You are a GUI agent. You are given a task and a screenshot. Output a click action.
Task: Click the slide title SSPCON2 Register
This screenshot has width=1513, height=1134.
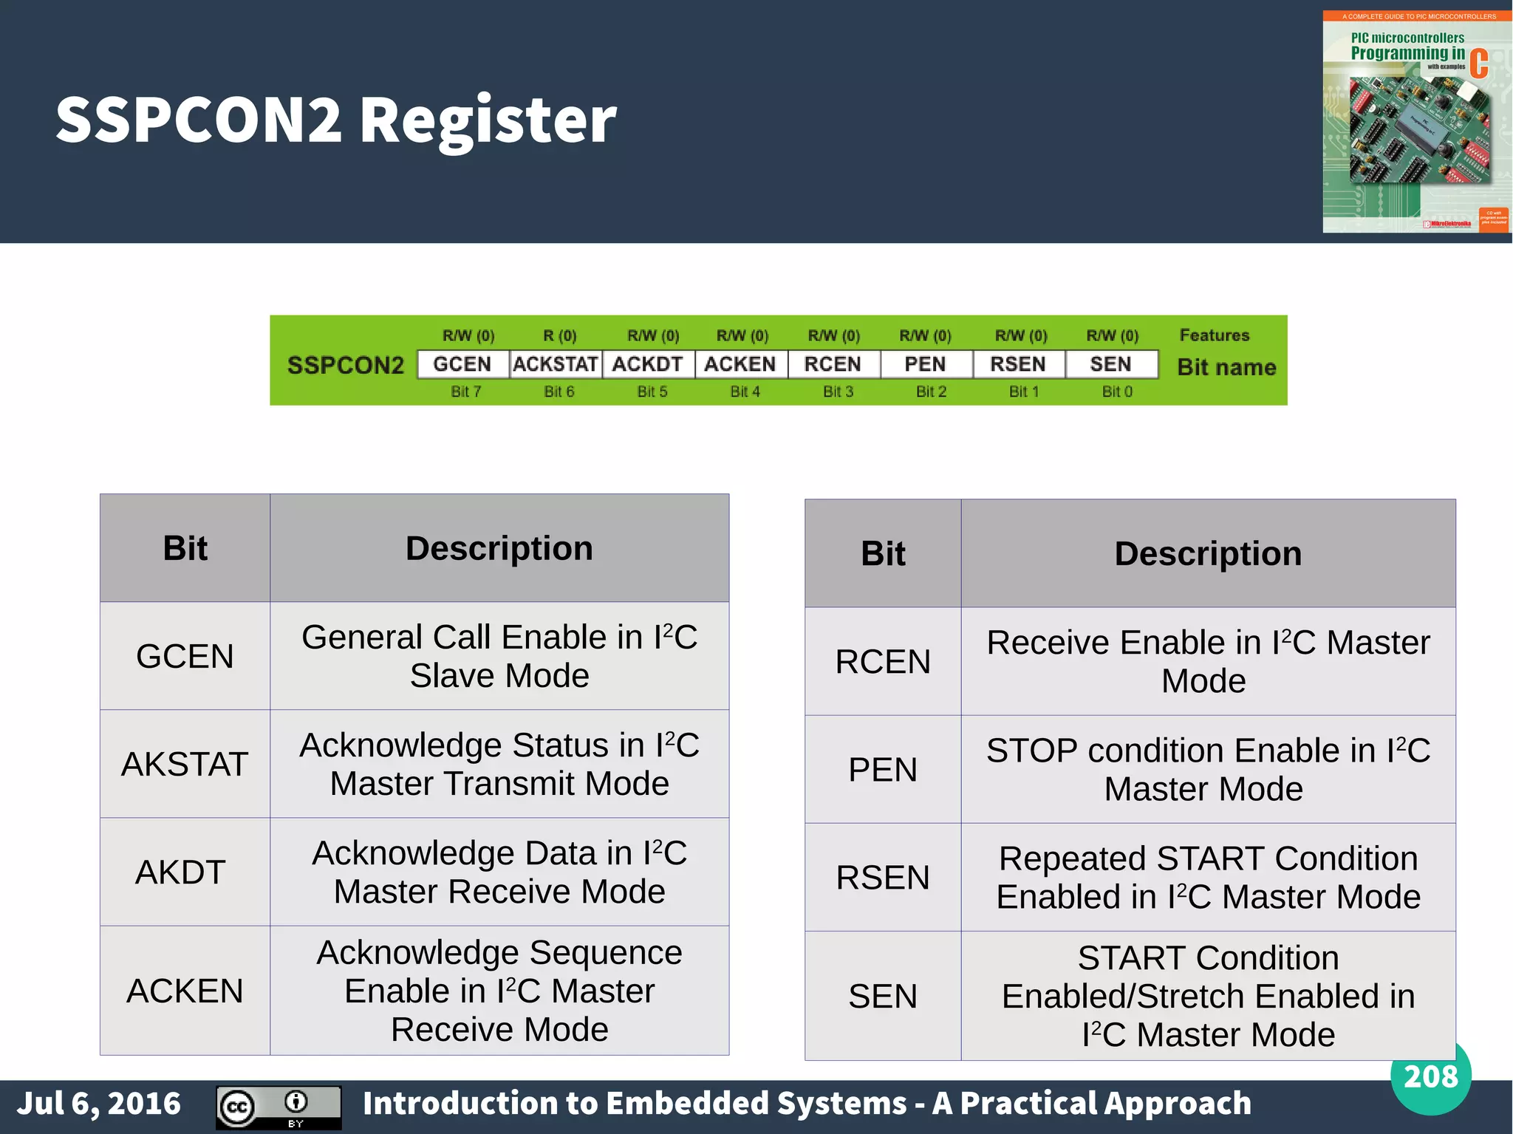(x=336, y=120)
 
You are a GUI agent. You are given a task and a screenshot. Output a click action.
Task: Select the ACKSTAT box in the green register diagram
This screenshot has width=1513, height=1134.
(x=556, y=364)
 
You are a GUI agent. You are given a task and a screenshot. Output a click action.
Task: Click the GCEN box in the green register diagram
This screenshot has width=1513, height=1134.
(x=462, y=364)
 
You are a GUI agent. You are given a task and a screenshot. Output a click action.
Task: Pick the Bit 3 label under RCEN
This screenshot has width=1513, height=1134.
(x=838, y=392)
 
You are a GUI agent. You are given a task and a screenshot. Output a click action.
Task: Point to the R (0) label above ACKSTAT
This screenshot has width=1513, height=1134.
(x=559, y=336)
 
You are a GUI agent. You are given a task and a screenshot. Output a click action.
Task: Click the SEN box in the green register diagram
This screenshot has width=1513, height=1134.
(x=1110, y=364)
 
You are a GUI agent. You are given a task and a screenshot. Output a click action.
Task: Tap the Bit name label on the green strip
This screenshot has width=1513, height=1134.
(x=1226, y=367)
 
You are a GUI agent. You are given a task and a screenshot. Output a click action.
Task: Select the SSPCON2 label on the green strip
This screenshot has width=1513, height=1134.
(x=346, y=365)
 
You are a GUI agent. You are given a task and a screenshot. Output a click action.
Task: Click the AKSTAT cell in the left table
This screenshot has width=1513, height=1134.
(x=185, y=764)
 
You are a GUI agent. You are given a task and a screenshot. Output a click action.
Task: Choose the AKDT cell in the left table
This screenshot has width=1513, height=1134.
(x=181, y=872)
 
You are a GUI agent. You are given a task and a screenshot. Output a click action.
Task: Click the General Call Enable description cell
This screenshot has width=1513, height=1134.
(x=499, y=656)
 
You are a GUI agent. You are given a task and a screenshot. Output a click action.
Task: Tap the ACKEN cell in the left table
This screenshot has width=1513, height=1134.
(x=185, y=991)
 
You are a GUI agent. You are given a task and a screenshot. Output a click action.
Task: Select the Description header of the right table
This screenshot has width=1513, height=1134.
(x=1208, y=553)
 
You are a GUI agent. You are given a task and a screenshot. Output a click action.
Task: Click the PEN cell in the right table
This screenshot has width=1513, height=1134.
(x=883, y=770)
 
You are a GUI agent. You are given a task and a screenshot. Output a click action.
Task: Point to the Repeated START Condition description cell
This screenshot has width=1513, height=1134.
(x=1208, y=878)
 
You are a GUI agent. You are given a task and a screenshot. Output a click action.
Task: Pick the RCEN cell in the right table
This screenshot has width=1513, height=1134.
(x=883, y=661)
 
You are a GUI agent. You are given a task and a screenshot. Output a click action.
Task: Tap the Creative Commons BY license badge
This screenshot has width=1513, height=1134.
(x=279, y=1107)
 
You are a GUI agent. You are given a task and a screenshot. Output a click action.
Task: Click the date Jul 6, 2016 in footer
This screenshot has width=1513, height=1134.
(x=99, y=1104)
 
